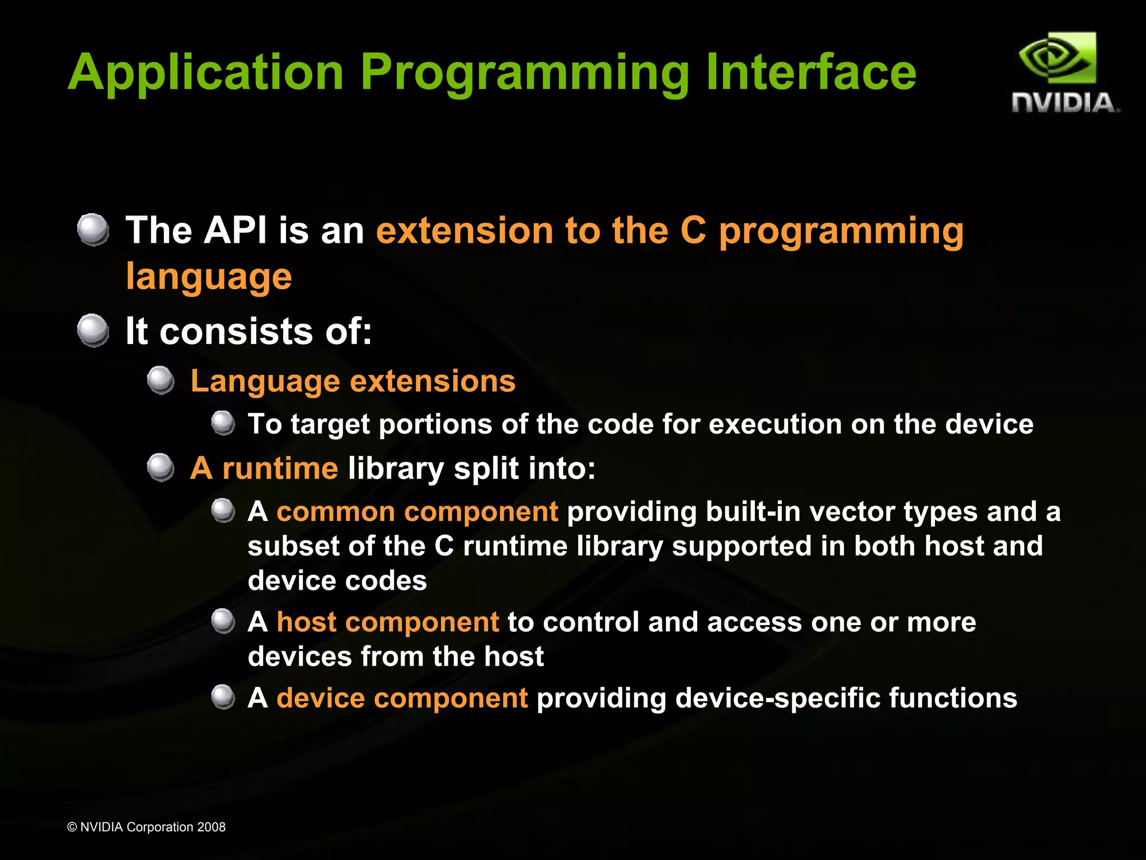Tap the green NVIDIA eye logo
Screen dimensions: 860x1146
pos(1057,59)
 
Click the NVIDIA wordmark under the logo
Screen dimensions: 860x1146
pos(1064,103)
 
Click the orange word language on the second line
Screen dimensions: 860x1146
pos(209,276)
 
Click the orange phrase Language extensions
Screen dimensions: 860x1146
pos(353,381)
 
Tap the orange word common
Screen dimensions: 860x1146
pos(336,511)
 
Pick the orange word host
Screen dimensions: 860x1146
pos(306,622)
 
